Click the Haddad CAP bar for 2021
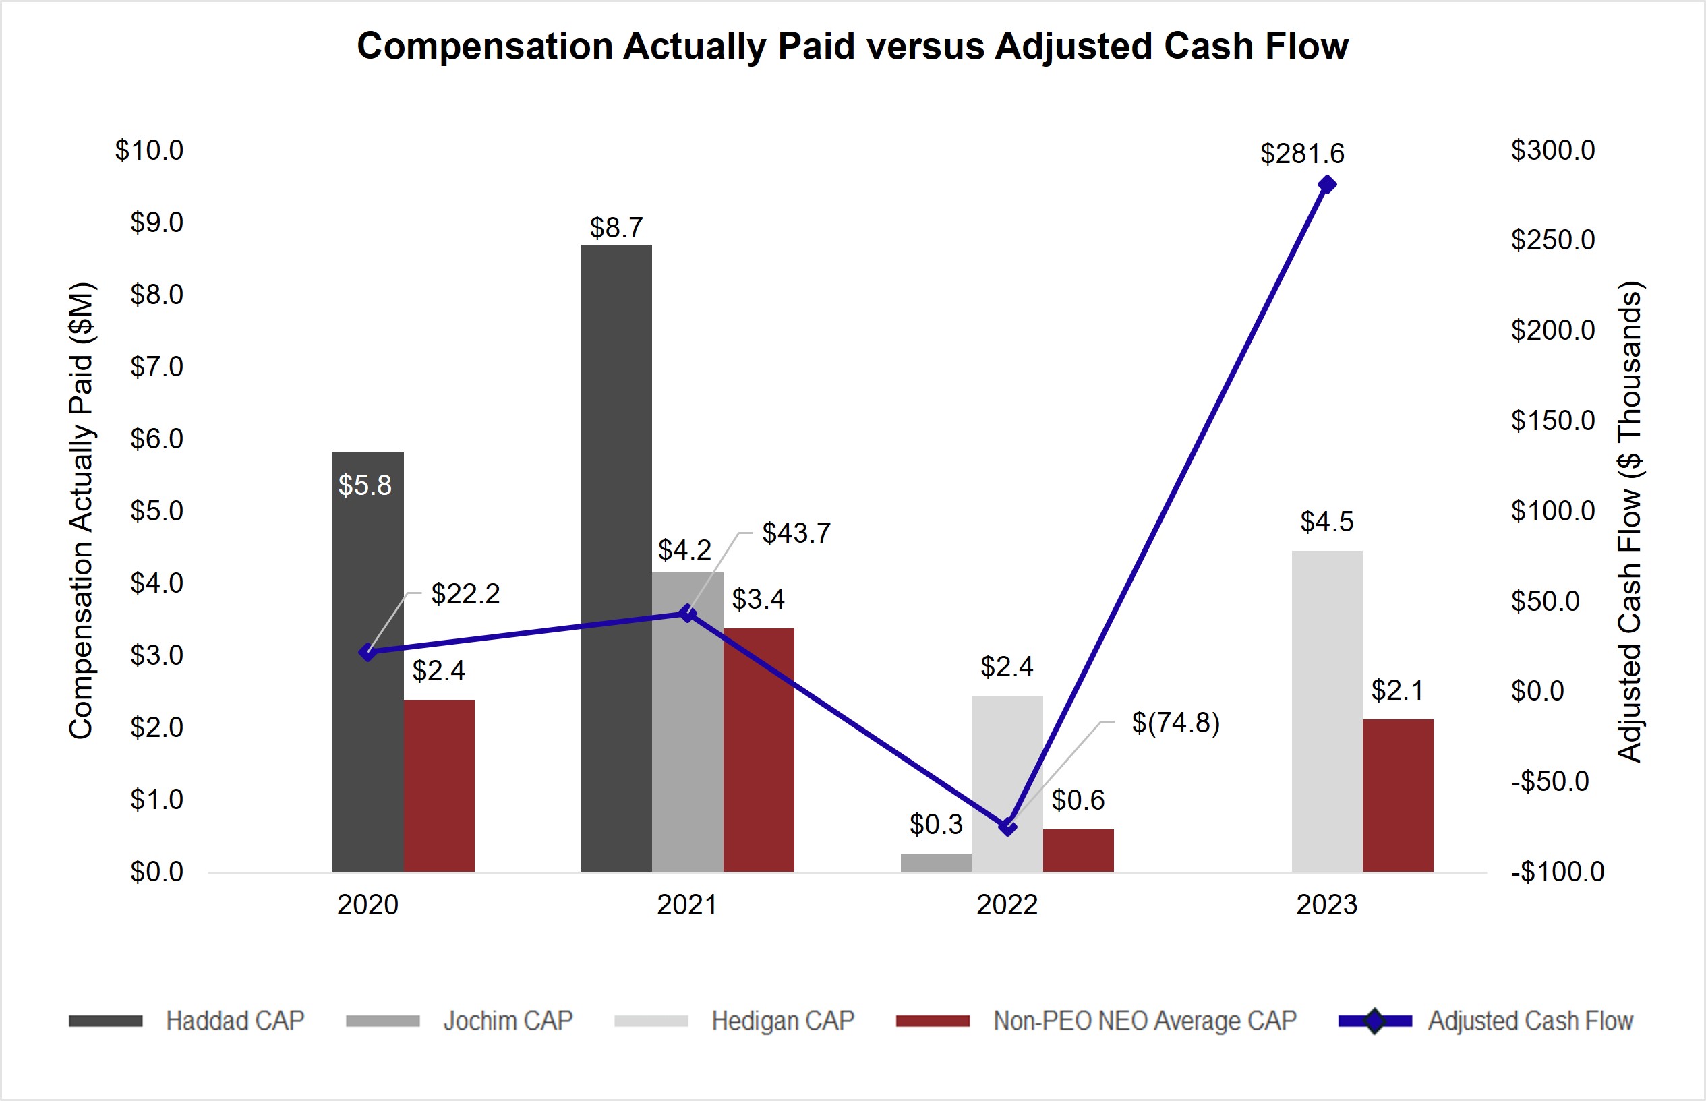pos(616,558)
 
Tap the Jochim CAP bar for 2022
pos(935,862)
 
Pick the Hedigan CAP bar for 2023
pos(1326,711)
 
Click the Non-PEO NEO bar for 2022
pos(1078,850)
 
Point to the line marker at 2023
pos(1326,185)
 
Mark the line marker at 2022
pos(1007,827)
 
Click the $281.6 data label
pos(1301,154)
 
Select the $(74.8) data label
pos(1175,723)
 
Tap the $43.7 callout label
pos(796,533)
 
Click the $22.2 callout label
pos(465,594)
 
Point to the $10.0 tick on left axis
pos(149,151)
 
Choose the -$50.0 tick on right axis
pos(1550,781)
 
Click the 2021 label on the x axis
pos(686,905)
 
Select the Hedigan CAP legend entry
pos(782,1020)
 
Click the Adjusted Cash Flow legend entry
pos(1529,1020)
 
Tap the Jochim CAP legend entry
pos(507,1020)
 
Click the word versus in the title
pos(924,47)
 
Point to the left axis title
pos(81,510)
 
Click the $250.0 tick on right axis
pos(1552,240)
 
